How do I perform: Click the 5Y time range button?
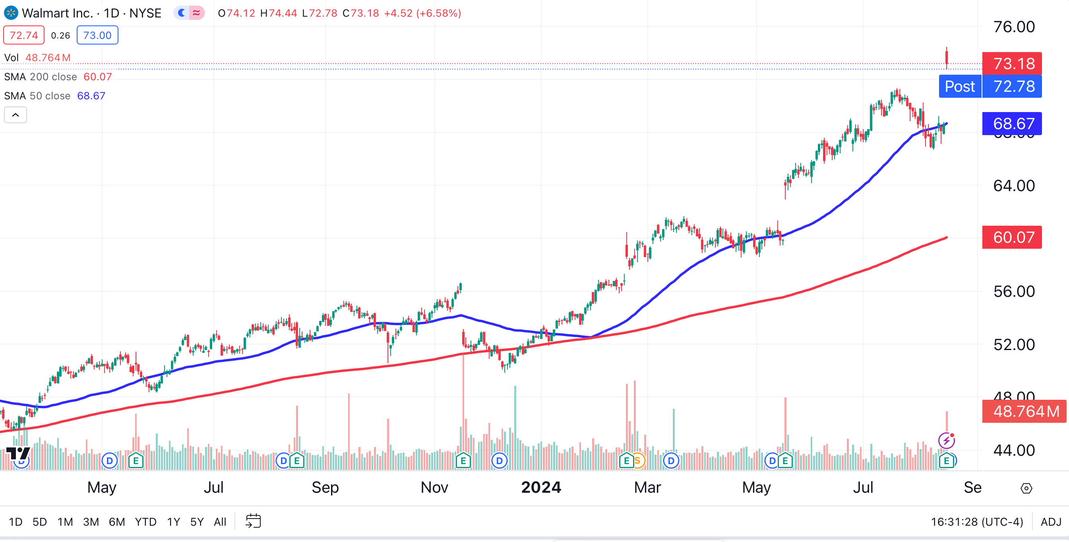(197, 522)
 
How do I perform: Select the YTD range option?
(145, 522)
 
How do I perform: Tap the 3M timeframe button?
(91, 522)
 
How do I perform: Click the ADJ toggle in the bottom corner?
(1050, 522)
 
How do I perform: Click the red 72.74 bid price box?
(24, 35)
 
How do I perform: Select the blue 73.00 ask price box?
(97, 35)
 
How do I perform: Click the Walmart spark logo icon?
(11, 13)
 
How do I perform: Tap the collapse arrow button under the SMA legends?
(15, 115)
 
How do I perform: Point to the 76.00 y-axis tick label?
(1014, 27)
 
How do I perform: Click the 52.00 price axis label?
(1014, 345)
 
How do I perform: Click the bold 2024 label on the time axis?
(541, 487)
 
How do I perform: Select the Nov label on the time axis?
(434, 487)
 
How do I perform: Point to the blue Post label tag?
(960, 86)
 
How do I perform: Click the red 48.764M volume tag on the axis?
(1024, 411)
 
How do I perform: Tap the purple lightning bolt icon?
(947, 440)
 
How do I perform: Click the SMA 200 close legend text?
(41, 77)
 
